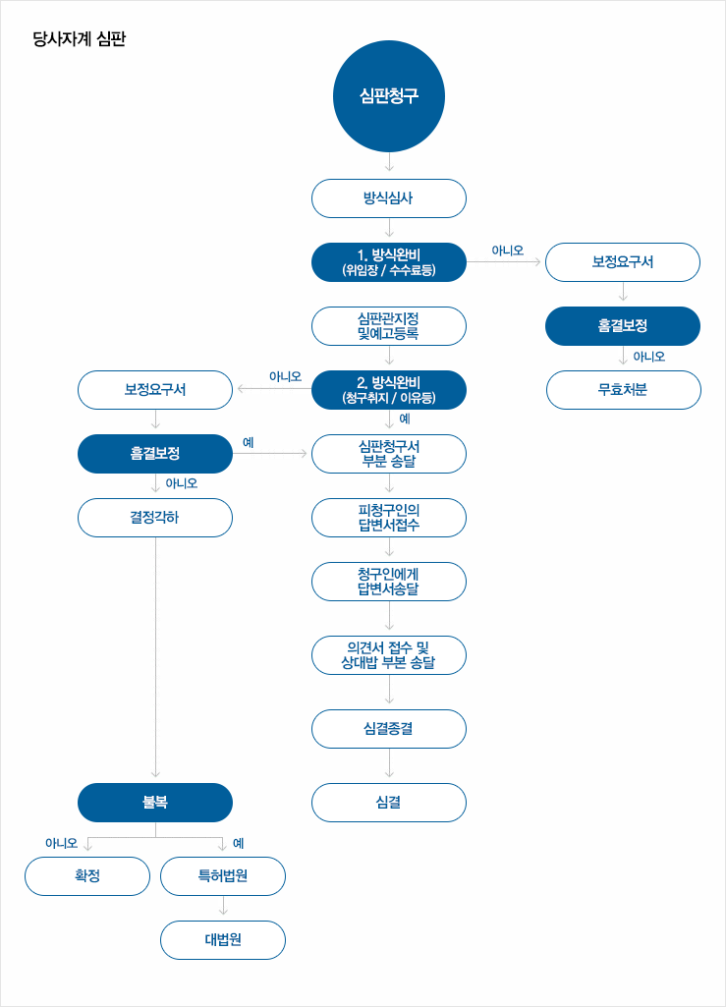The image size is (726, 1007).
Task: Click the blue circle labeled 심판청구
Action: click(389, 96)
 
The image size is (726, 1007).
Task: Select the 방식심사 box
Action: click(389, 197)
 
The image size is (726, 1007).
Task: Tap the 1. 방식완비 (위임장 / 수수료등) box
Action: click(389, 262)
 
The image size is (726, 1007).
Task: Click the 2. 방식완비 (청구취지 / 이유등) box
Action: click(389, 390)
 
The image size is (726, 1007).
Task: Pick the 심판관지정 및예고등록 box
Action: click(389, 326)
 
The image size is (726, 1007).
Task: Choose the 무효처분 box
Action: click(623, 390)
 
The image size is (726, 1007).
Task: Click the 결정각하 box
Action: click(155, 518)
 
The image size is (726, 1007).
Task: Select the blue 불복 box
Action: click(155, 803)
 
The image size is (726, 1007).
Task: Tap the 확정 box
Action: click(87, 876)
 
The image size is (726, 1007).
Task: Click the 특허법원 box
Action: click(223, 876)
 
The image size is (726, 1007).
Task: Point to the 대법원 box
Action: click(223, 940)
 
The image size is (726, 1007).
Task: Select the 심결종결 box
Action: click(389, 729)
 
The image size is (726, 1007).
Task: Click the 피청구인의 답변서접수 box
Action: click(389, 518)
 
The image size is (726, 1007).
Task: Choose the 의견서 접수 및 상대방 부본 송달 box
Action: click(389, 655)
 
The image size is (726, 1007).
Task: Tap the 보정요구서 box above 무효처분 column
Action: click(623, 262)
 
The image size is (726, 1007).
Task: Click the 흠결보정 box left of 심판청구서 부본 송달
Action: click(155, 454)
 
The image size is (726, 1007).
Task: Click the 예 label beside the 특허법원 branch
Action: click(239, 843)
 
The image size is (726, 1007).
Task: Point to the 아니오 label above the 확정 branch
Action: click(61, 843)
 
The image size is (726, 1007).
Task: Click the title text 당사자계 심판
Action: click(80, 40)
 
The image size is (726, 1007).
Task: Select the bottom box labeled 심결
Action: click(389, 803)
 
